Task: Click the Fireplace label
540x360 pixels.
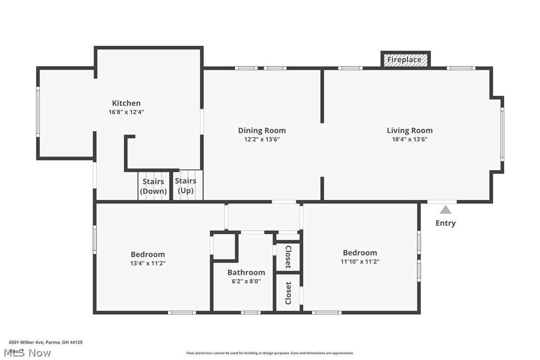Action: [x=404, y=60]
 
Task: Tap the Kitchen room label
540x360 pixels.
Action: [x=126, y=103]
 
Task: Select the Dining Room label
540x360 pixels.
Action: [x=262, y=130]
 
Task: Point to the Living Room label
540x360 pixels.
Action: [x=410, y=130]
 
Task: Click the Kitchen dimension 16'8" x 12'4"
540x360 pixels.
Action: [x=126, y=112]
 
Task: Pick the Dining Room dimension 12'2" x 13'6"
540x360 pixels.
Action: [x=262, y=139]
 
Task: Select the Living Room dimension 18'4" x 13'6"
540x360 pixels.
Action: [x=410, y=139]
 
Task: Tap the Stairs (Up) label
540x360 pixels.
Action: [x=185, y=185]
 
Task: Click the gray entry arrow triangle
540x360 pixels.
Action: [x=446, y=210]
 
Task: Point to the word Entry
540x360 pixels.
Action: [x=446, y=223]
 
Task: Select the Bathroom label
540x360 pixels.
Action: [x=246, y=272]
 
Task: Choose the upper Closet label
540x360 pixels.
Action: [x=288, y=257]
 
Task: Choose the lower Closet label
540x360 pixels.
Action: [x=288, y=293]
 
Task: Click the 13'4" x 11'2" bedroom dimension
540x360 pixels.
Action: [x=148, y=263]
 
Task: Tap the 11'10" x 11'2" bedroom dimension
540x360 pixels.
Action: [x=360, y=261]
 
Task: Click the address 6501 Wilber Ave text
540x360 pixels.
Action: [x=46, y=342]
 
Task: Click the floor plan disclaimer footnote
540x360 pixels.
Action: [x=270, y=353]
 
